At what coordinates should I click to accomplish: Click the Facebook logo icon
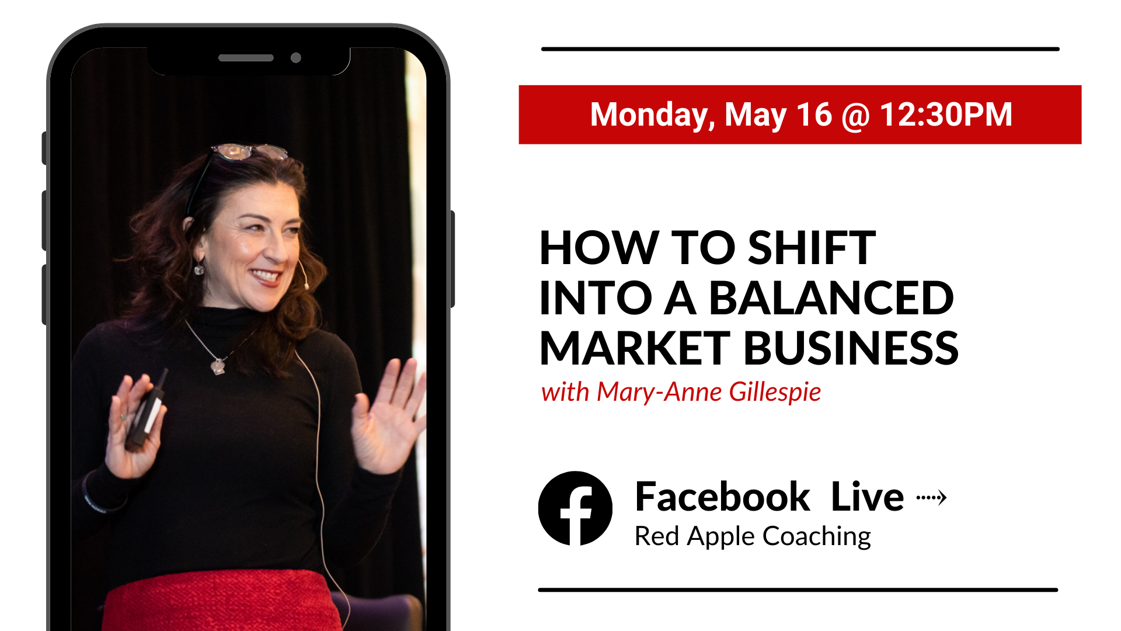coord(575,508)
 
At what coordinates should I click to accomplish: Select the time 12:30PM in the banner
coord(946,115)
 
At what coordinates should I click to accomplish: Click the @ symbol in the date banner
coord(856,116)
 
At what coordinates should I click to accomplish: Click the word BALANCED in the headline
coord(831,298)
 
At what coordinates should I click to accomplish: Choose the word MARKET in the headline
coord(635,348)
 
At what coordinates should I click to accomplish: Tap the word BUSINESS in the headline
coord(851,348)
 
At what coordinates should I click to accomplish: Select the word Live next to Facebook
coord(867,497)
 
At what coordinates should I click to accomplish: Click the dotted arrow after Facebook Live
coord(931,498)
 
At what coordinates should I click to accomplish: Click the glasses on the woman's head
coord(248,152)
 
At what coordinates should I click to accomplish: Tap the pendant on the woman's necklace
coord(218,366)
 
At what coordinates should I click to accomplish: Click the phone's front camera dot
coord(296,58)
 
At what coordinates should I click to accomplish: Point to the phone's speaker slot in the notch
coord(246,58)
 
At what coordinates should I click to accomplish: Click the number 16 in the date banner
coord(814,115)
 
